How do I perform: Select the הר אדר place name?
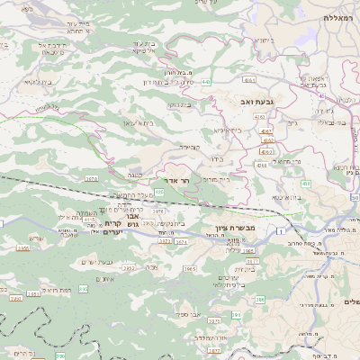(x=179, y=180)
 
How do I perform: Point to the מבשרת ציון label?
(x=236, y=229)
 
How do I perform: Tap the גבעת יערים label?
(x=95, y=261)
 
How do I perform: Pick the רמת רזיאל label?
(x=58, y=290)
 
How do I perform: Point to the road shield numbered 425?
(x=158, y=192)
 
